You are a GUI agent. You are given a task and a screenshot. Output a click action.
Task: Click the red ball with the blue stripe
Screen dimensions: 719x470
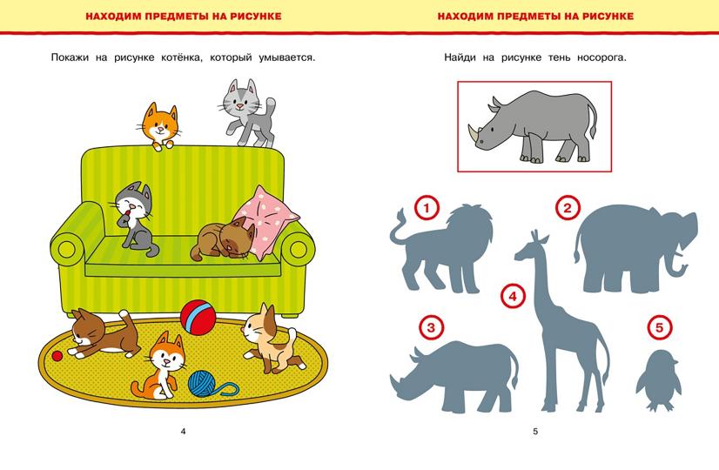coord(198,317)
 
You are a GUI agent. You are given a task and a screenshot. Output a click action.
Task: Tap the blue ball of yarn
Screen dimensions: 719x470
coord(204,383)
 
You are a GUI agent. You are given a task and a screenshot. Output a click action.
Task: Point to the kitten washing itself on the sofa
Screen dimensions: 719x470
coord(134,218)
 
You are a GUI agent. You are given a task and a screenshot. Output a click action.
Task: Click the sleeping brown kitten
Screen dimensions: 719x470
coord(223,240)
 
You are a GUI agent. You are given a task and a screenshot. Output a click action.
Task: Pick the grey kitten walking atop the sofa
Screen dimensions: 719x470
coord(247,113)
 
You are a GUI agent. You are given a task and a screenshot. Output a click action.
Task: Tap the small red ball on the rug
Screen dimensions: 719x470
coord(57,356)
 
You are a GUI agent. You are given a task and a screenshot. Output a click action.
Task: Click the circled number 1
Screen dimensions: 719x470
coord(427,209)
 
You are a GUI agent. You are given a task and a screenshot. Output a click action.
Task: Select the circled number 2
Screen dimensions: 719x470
coord(568,209)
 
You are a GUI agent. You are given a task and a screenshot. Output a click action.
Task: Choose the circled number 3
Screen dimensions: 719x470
coord(431,328)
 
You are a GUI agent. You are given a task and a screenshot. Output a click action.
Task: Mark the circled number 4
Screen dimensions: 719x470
coord(513,296)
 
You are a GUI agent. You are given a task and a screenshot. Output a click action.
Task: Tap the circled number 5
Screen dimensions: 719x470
coord(660,328)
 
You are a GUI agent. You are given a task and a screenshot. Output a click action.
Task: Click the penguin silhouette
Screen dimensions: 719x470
coord(657,380)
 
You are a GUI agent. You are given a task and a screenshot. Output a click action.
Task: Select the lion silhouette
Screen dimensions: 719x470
coord(441,248)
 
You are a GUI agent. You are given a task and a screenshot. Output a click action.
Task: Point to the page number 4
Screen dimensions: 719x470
coord(184,431)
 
